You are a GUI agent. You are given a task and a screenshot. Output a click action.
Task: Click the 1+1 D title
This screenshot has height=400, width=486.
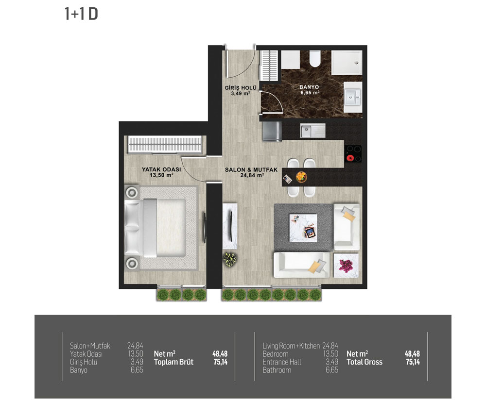(81, 14)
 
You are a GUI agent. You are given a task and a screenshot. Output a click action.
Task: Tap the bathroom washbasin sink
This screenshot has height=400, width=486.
(353, 97)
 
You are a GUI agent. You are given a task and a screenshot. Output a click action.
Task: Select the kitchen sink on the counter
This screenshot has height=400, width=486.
(312, 131)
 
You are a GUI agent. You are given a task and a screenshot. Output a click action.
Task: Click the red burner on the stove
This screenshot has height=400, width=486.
(350, 158)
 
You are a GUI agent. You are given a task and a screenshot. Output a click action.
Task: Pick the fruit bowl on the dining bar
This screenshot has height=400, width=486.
(301, 177)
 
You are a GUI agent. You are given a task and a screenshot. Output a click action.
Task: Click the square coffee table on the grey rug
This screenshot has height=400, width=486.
(303, 228)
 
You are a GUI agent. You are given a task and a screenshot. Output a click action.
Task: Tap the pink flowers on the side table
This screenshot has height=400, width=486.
(346, 265)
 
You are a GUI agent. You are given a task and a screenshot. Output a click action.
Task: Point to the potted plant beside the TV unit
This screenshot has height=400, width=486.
(230, 259)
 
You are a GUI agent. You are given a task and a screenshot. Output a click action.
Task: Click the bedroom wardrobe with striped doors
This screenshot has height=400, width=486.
(165, 144)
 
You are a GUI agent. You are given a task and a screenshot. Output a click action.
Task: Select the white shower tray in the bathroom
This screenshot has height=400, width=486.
(347, 63)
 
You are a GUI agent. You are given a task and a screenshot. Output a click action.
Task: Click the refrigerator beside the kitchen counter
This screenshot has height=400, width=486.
(272, 131)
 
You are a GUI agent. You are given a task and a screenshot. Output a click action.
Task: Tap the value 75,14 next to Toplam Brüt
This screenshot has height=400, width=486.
(220, 362)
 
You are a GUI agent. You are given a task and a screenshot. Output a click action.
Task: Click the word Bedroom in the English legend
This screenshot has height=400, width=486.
(275, 354)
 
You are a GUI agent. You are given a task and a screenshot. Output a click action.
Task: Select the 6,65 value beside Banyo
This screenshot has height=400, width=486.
(137, 370)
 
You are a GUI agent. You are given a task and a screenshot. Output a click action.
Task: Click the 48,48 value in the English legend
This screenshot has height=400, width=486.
(412, 353)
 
